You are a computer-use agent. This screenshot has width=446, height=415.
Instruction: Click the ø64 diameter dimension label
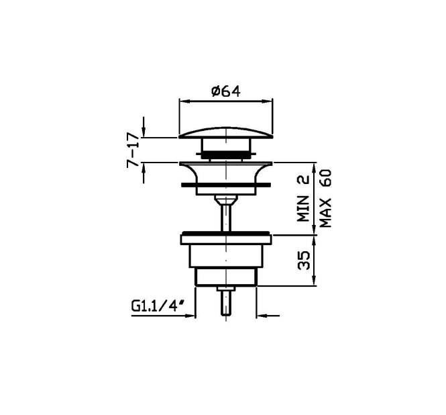(x=226, y=91)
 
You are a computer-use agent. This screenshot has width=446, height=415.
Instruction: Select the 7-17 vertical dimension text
(x=133, y=150)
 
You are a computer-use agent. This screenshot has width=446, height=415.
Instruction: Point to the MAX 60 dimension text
(x=326, y=198)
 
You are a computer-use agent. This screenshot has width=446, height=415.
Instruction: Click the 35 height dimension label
(x=304, y=260)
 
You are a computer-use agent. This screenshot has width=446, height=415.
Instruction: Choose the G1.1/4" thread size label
(x=158, y=306)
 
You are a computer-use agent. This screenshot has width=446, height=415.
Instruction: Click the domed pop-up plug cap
(x=226, y=133)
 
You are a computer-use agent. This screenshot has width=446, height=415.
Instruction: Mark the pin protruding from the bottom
(x=226, y=303)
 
